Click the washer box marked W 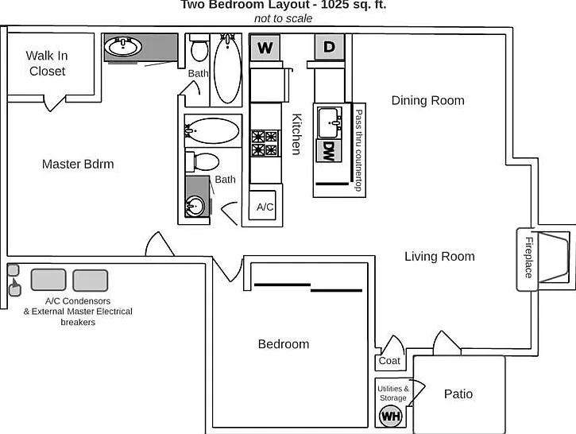(265, 48)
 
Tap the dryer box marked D (330, 47)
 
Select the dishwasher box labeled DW (329, 151)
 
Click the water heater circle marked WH (391, 416)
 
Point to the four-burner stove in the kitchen (265, 143)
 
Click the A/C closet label (265, 207)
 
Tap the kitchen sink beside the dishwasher (330, 122)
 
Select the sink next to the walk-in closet (123, 47)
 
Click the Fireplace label (528, 258)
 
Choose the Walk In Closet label (47, 64)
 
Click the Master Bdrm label (78, 164)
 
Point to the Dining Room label (428, 100)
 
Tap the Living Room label (439, 256)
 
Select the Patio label (458, 394)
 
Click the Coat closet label (389, 361)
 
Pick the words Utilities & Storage (393, 393)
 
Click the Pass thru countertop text (358, 150)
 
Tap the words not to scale (283, 18)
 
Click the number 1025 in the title (334, 5)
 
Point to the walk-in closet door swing (54, 103)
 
